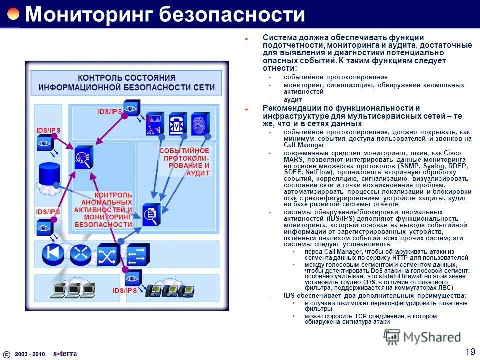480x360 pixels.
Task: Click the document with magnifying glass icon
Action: pyautogui.click(x=151, y=214)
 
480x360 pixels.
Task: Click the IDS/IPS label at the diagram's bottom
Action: pyautogui.click(x=125, y=290)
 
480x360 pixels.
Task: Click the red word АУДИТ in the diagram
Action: pyautogui.click(x=199, y=172)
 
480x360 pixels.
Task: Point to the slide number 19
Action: pyautogui.click(x=470, y=352)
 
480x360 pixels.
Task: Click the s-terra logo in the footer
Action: pyautogui.click(x=65, y=353)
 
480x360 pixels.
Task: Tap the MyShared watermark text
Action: pyautogui.click(x=432, y=337)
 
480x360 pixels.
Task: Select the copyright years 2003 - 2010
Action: pyautogui.click(x=29, y=354)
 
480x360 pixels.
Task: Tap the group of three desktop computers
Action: pyautogui.click(x=74, y=289)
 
